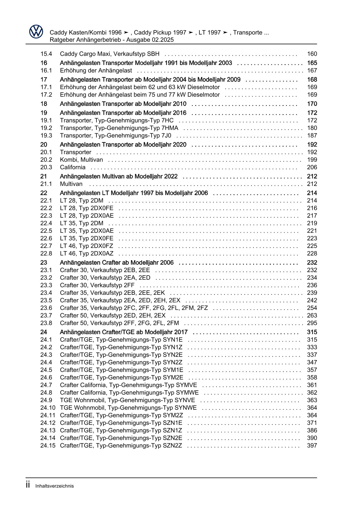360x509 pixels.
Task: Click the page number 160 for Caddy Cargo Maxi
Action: (x=312, y=54)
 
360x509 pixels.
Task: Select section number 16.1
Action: (x=46, y=71)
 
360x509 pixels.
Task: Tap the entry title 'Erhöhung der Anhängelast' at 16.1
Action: (x=96, y=71)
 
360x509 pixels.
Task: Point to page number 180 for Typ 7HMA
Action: (x=312, y=128)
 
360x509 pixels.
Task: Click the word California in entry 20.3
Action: (x=73, y=167)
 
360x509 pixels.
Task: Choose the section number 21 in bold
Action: (x=44, y=176)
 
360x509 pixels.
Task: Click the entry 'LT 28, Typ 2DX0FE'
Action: (x=87, y=208)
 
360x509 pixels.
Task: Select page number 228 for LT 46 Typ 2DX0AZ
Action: (x=312, y=253)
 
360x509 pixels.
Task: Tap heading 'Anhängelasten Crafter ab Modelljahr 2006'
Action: (x=116, y=262)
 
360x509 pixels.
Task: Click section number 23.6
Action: (x=46, y=308)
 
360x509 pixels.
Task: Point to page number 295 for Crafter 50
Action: (x=312, y=323)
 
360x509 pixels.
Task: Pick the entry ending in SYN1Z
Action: (x=121, y=347)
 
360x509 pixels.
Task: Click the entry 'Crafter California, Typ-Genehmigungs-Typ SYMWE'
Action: (x=129, y=393)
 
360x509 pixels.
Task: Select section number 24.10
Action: (x=48, y=408)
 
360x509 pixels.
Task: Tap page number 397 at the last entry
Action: (x=312, y=445)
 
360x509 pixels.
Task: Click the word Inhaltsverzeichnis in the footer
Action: (x=55, y=486)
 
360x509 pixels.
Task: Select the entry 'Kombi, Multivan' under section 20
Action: (x=81, y=160)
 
